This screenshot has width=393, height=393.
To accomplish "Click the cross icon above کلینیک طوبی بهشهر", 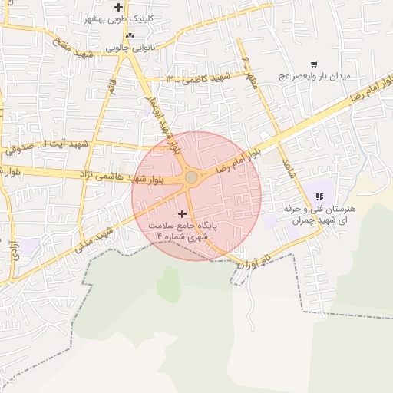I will click(117, 7).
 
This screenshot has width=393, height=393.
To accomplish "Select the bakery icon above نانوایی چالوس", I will click(130, 35).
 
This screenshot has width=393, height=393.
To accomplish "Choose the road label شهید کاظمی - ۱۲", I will click(197, 78).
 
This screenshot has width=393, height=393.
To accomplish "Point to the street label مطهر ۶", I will click(248, 69).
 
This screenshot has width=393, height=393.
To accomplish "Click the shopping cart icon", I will click(314, 64).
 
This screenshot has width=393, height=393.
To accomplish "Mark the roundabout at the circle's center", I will click(191, 178).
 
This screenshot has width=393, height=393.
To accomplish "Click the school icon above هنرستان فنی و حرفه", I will click(319, 196).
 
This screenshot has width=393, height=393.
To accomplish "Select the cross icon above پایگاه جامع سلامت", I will click(182, 213).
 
